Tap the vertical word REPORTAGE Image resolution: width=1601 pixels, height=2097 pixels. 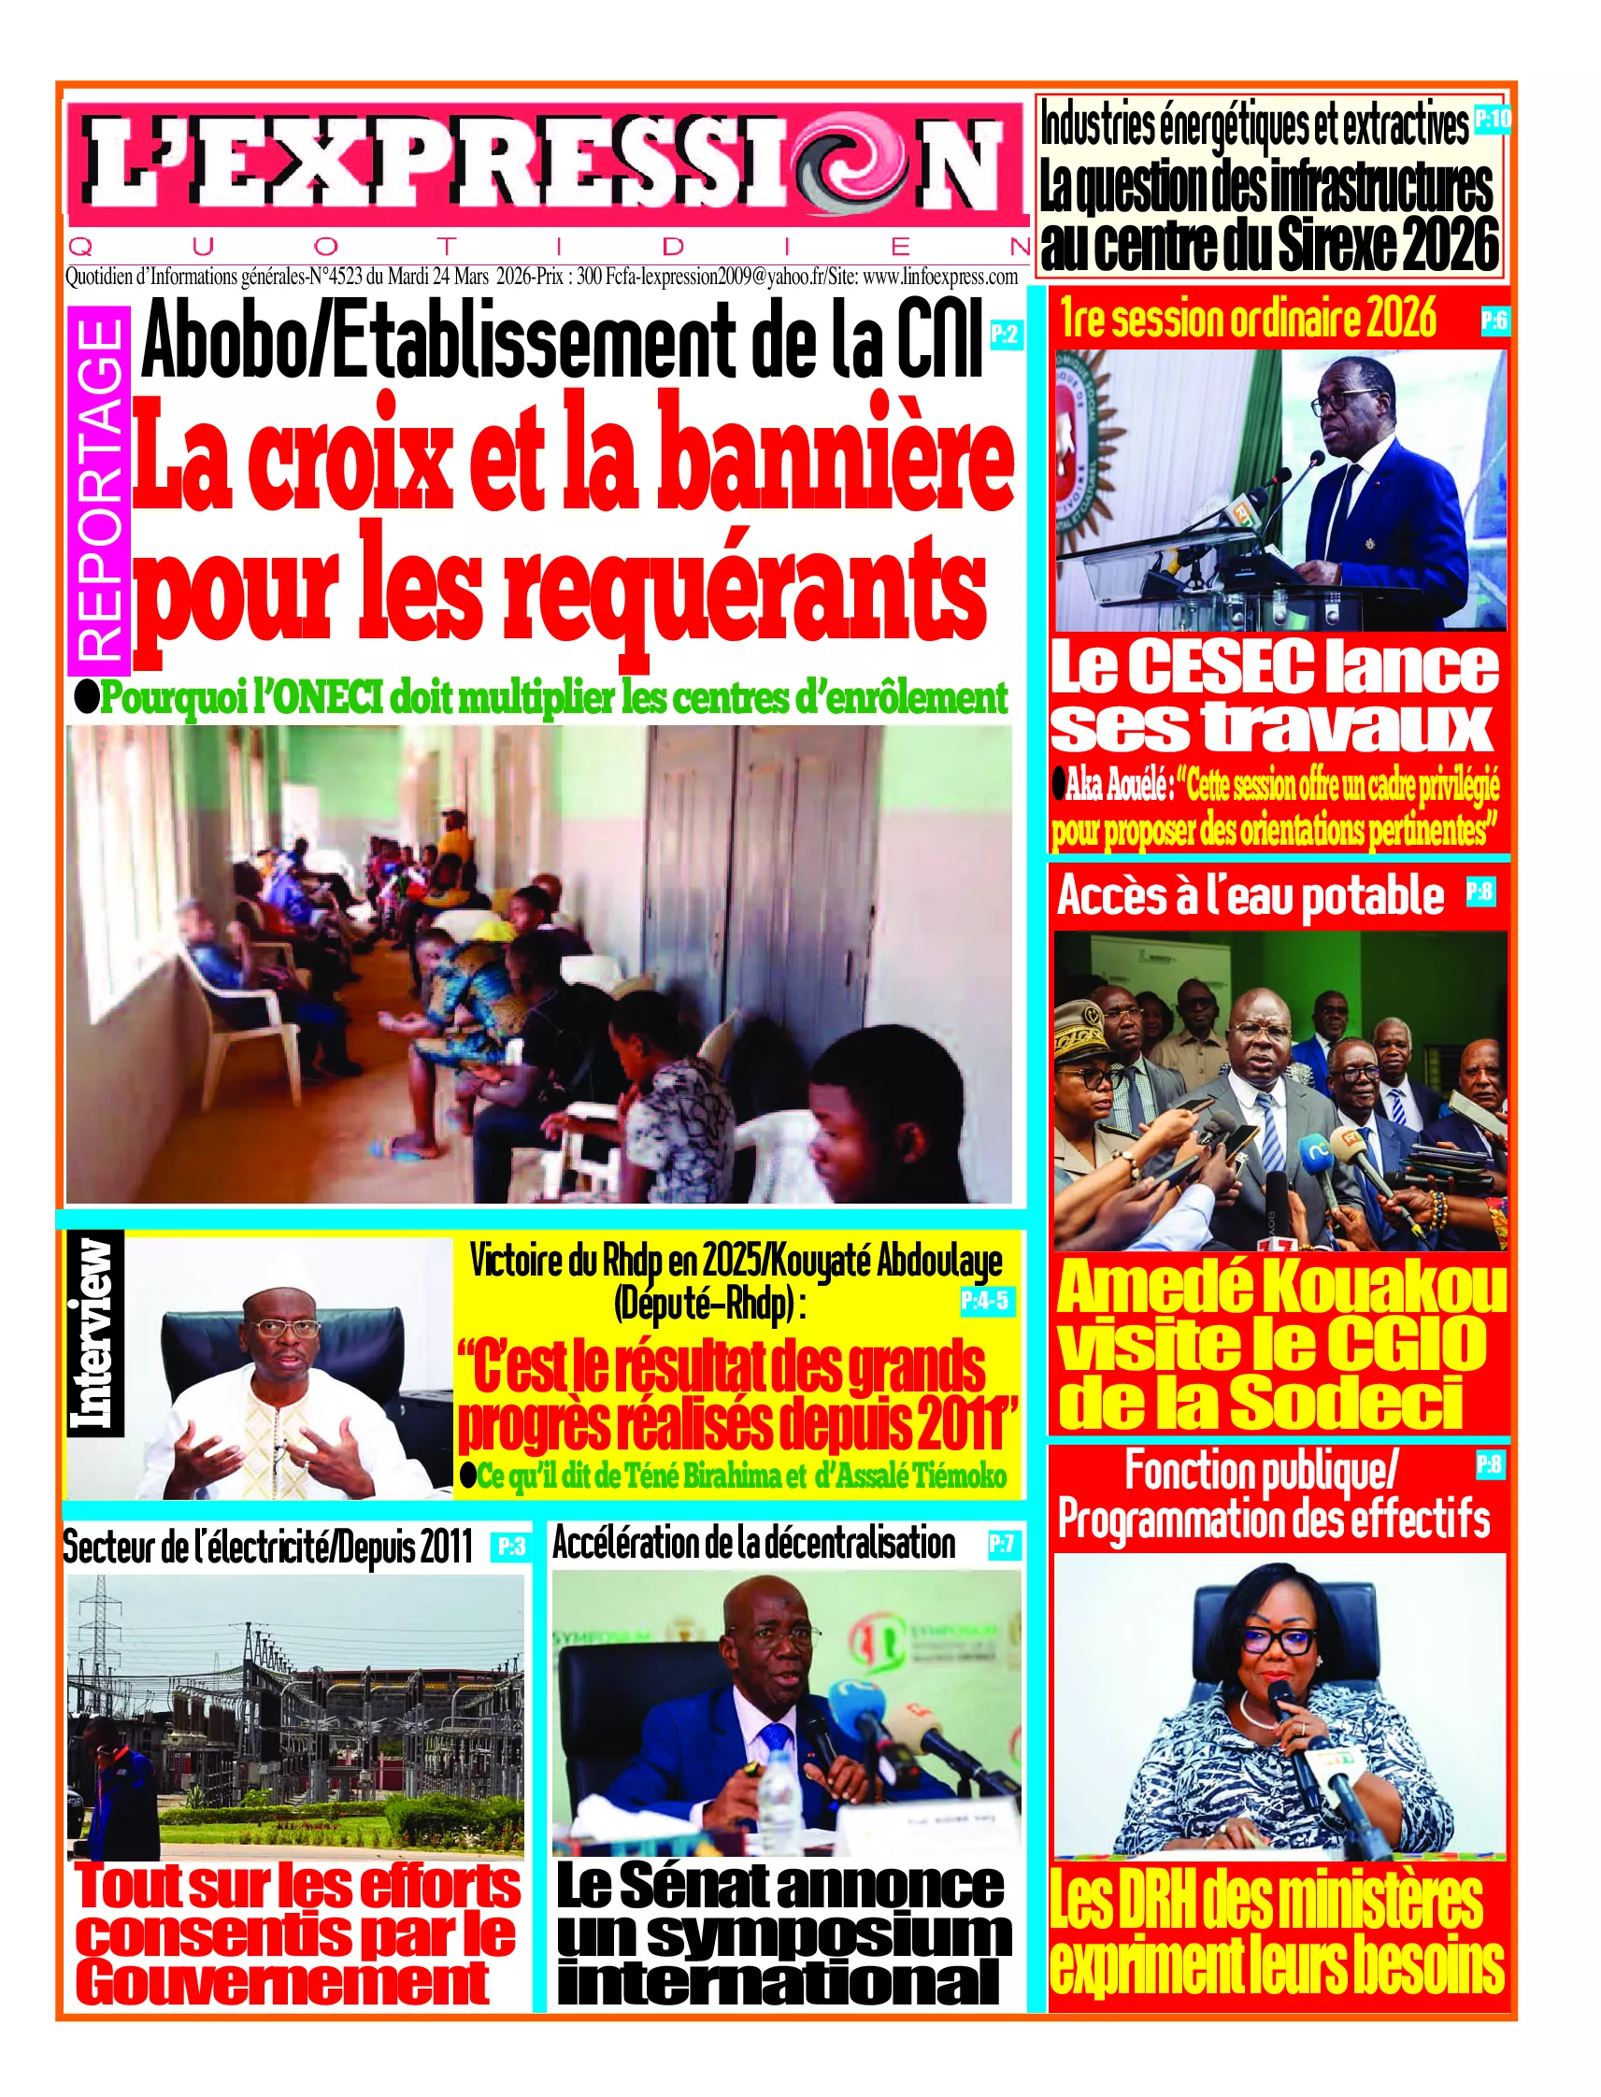pyautogui.click(x=99, y=490)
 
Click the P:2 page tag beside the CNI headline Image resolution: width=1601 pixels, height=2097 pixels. pyautogui.click(x=1006, y=335)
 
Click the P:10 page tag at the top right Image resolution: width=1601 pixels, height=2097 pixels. pyautogui.click(x=1492, y=119)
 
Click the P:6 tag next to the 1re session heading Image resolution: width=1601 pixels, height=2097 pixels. pyautogui.click(x=1494, y=321)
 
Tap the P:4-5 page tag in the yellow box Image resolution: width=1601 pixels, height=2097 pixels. pyautogui.click(x=984, y=1301)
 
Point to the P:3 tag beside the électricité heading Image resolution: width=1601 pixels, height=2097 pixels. pyautogui.click(x=512, y=1547)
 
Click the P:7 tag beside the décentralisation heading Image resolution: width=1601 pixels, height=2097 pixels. pyautogui.click(x=1002, y=1544)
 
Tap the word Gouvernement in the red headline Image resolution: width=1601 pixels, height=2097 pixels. pyautogui.click(x=282, y=1983)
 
